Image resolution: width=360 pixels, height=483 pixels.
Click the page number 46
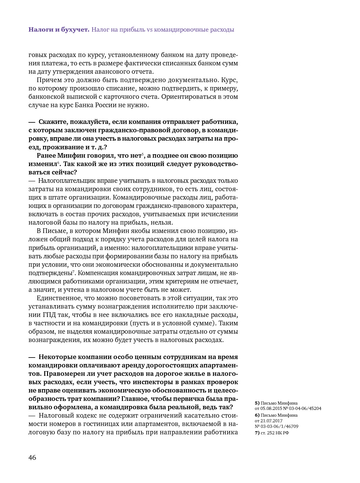coord(32,458)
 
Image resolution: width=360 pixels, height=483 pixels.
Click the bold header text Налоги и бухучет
coord(59,30)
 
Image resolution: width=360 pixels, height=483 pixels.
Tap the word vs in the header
coord(149,30)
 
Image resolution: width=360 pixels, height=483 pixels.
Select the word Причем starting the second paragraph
coord(47,80)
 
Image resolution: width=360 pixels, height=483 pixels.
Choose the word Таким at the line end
coord(230,323)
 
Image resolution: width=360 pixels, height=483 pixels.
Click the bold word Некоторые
coord(57,357)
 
